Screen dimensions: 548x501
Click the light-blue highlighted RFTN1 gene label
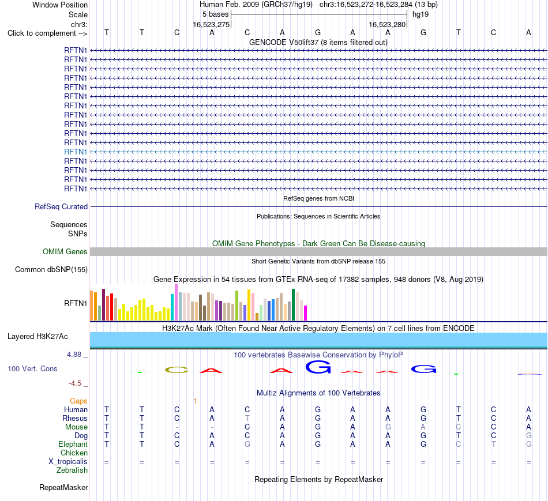[x=76, y=152]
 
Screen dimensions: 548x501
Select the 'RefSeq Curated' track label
[x=61, y=207]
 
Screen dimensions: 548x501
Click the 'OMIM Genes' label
[x=65, y=251]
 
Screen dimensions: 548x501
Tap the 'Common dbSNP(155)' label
[x=51, y=270]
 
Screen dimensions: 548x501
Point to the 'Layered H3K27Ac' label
[x=37, y=337]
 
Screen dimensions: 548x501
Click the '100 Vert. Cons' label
[x=32, y=368]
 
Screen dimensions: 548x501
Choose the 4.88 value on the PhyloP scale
[x=74, y=355]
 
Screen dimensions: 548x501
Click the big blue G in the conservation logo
[x=318, y=367]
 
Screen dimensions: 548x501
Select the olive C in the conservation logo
[x=177, y=370]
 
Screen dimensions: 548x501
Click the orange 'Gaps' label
[x=78, y=401]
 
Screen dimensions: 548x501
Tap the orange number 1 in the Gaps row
[x=195, y=401]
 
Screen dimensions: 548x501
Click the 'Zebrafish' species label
[x=72, y=470]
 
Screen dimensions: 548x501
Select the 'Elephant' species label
[x=73, y=445]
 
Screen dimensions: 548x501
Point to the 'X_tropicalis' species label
[x=68, y=462]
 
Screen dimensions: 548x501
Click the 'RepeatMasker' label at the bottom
[x=63, y=488]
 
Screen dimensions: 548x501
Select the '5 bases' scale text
[x=215, y=14]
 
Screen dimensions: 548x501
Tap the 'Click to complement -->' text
[x=47, y=33]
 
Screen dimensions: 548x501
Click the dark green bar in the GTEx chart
[x=294, y=304]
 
